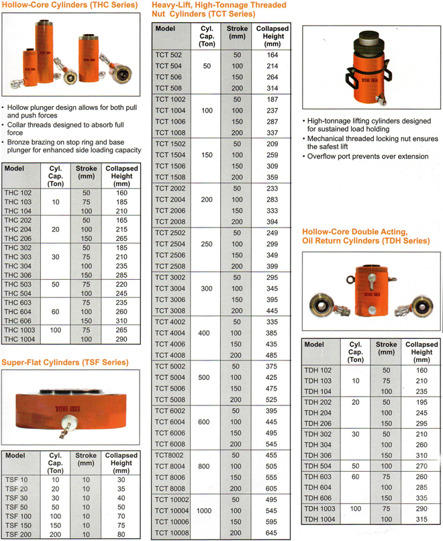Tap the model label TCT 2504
[170, 244]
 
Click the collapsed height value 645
[271, 533]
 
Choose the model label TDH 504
[317, 465]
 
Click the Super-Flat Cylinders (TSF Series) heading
[64, 362]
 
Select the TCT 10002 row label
[173, 499]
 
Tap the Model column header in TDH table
[314, 344]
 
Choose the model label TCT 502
[168, 54]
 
